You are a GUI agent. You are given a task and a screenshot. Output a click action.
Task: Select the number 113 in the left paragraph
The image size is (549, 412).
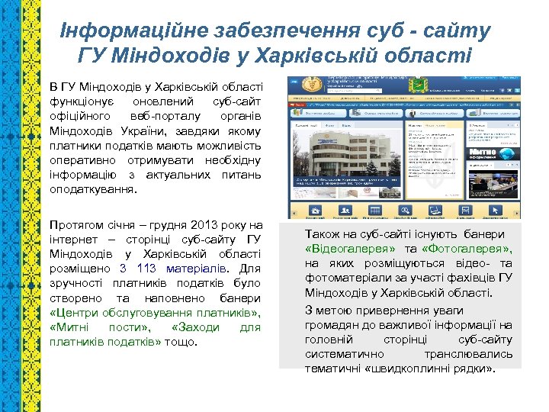coord(147,269)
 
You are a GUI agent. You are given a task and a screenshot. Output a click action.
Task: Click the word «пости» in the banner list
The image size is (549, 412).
coord(123,327)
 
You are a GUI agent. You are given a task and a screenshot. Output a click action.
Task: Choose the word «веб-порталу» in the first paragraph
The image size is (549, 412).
coord(170,116)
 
